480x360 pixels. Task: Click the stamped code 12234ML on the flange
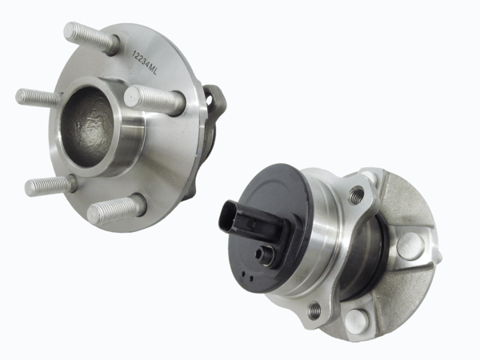coord(144,62)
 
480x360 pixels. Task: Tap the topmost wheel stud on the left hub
coord(91,38)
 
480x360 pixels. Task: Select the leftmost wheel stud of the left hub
coord(38,98)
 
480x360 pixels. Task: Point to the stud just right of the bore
coord(155,98)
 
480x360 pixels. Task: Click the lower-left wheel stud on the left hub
coord(50,186)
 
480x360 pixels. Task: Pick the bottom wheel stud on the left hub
coord(116,209)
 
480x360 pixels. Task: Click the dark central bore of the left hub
coord(89,127)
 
